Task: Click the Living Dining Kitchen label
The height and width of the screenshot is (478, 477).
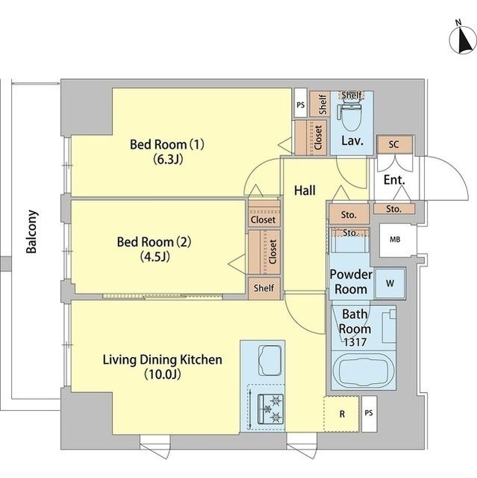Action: (162, 367)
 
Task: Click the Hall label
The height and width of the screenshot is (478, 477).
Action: (304, 191)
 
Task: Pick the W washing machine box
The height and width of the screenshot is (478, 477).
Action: (388, 284)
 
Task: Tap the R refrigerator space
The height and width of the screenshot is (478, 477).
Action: (341, 413)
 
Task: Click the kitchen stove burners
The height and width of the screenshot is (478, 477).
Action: (268, 409)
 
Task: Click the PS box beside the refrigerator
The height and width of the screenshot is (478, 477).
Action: (368, 413)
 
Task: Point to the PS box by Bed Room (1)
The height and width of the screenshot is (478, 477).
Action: (300, 105)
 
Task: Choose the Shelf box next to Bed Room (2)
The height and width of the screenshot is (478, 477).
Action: (264, 288)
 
